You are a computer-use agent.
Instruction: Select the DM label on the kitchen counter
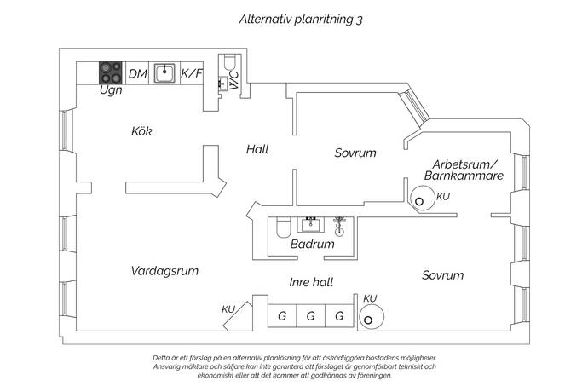(138, 74)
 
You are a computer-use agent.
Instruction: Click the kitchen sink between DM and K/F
(165, 72)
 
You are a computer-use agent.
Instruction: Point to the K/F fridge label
(192, 74)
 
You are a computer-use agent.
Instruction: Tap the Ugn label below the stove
(111, 89)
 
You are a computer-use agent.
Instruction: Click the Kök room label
(141, 131)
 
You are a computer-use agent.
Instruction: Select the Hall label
(257, 149)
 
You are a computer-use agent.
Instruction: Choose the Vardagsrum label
(164, 271)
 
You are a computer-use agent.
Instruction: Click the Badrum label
(312, 244)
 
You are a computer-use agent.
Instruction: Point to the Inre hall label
(310, 282)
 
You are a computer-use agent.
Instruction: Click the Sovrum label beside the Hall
(355, 153)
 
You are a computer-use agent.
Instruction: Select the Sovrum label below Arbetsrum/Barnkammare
(442, 275)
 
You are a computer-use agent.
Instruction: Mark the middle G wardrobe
(310, 316)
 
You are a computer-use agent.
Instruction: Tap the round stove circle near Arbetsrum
(421, 199)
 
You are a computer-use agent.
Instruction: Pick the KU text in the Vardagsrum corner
(228, 309)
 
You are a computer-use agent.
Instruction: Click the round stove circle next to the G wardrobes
(371, 317)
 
